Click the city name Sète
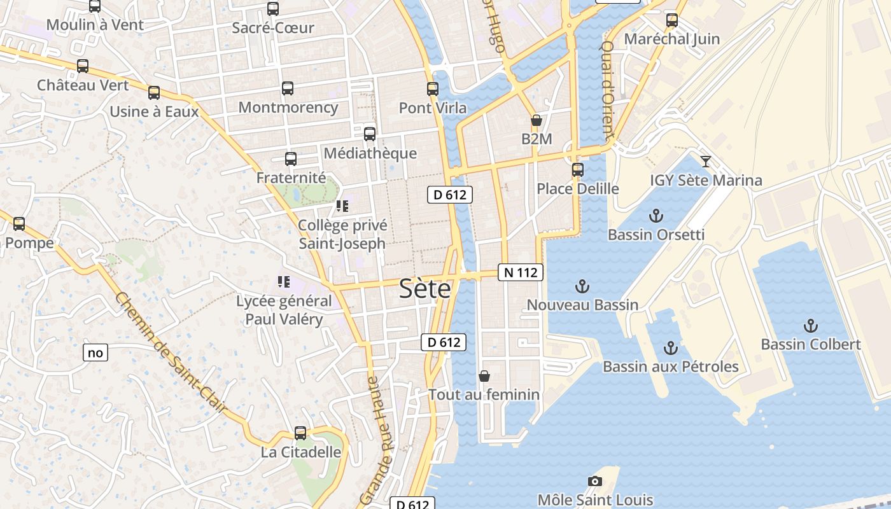(x=425, y=289)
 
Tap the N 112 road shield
(x=521, y=273)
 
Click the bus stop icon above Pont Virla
(x=433, y=88)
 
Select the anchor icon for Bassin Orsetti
(x=656, y=216)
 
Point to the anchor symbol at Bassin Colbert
(x=810, y=326)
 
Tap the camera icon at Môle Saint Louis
(x=595, y=481)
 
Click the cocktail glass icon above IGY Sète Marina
(x=705, y=161)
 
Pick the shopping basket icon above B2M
(x=537, y=120)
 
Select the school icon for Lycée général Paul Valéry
(x=284, y=281)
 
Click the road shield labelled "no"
(x=95, y=352)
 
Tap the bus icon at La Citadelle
(x=300, y=433)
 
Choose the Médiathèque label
(x=370, y=153)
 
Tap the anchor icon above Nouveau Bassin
(x=582, y=286)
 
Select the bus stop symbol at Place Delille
(x=578, y=170)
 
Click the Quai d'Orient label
(x=608, y=89)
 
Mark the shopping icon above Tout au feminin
(x=484, y=376)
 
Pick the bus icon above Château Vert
(x=83, y=66)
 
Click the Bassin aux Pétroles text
(x=671, y=366)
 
